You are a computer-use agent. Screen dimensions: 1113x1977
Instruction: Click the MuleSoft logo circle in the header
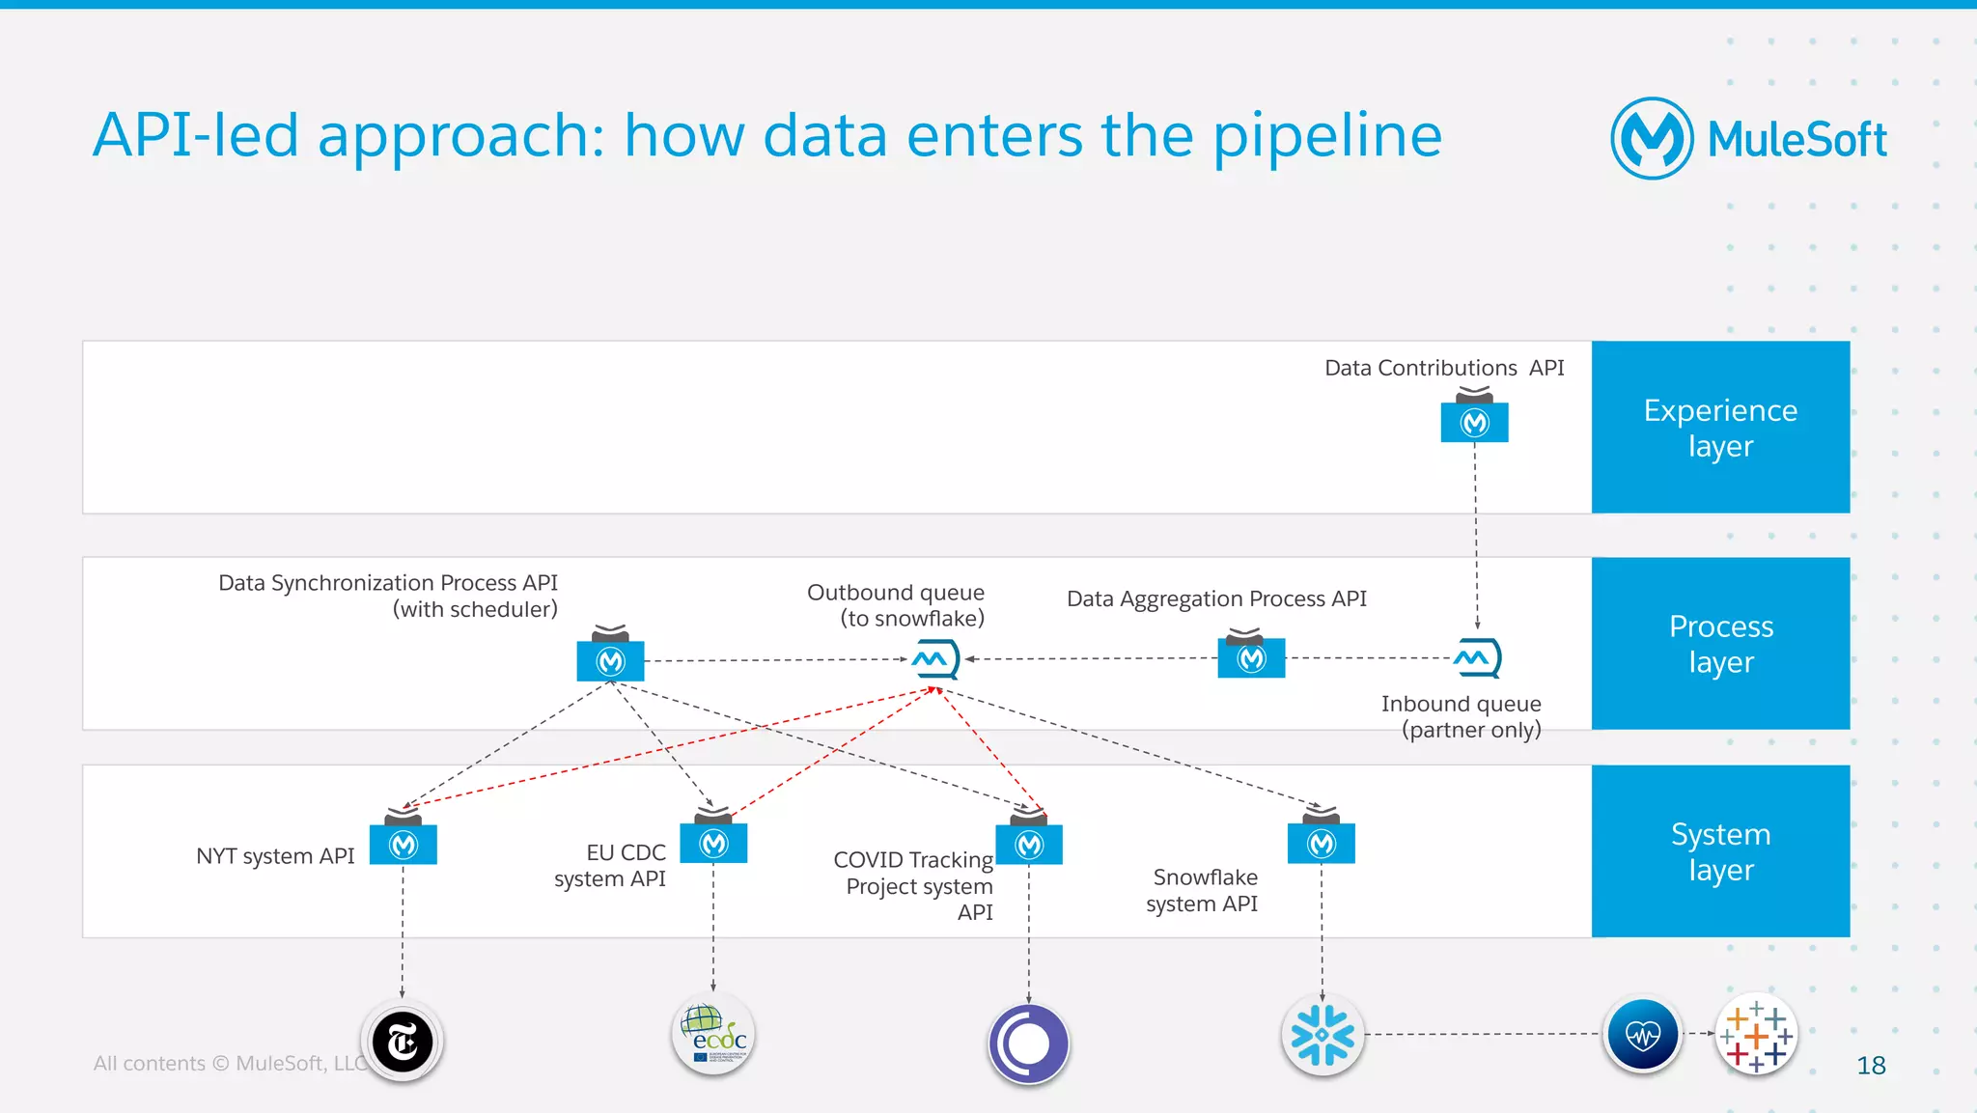click(x=1651, y=138)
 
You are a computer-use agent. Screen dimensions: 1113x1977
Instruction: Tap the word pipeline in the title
click(x=1326, y=135)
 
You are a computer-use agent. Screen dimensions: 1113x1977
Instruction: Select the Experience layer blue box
click(x=1720, y=427)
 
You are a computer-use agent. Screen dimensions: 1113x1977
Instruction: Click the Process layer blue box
click(x=1720, y=643)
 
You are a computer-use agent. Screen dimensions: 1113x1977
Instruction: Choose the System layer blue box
click(x=1720, y=850)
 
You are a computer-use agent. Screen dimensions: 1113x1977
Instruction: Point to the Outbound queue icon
click(x=934, y=659)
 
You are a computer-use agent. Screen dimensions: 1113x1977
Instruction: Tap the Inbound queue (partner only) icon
click(x=1477, y=658)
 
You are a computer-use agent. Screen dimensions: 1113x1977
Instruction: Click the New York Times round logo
click(x=403, y=1042)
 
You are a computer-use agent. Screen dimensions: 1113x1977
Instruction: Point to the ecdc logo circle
click(x=713, y=1035)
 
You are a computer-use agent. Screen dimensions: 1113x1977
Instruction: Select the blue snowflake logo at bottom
click(x=1323, y=1035)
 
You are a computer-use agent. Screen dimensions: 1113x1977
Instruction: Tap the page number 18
click(x=1871, y=1066)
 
